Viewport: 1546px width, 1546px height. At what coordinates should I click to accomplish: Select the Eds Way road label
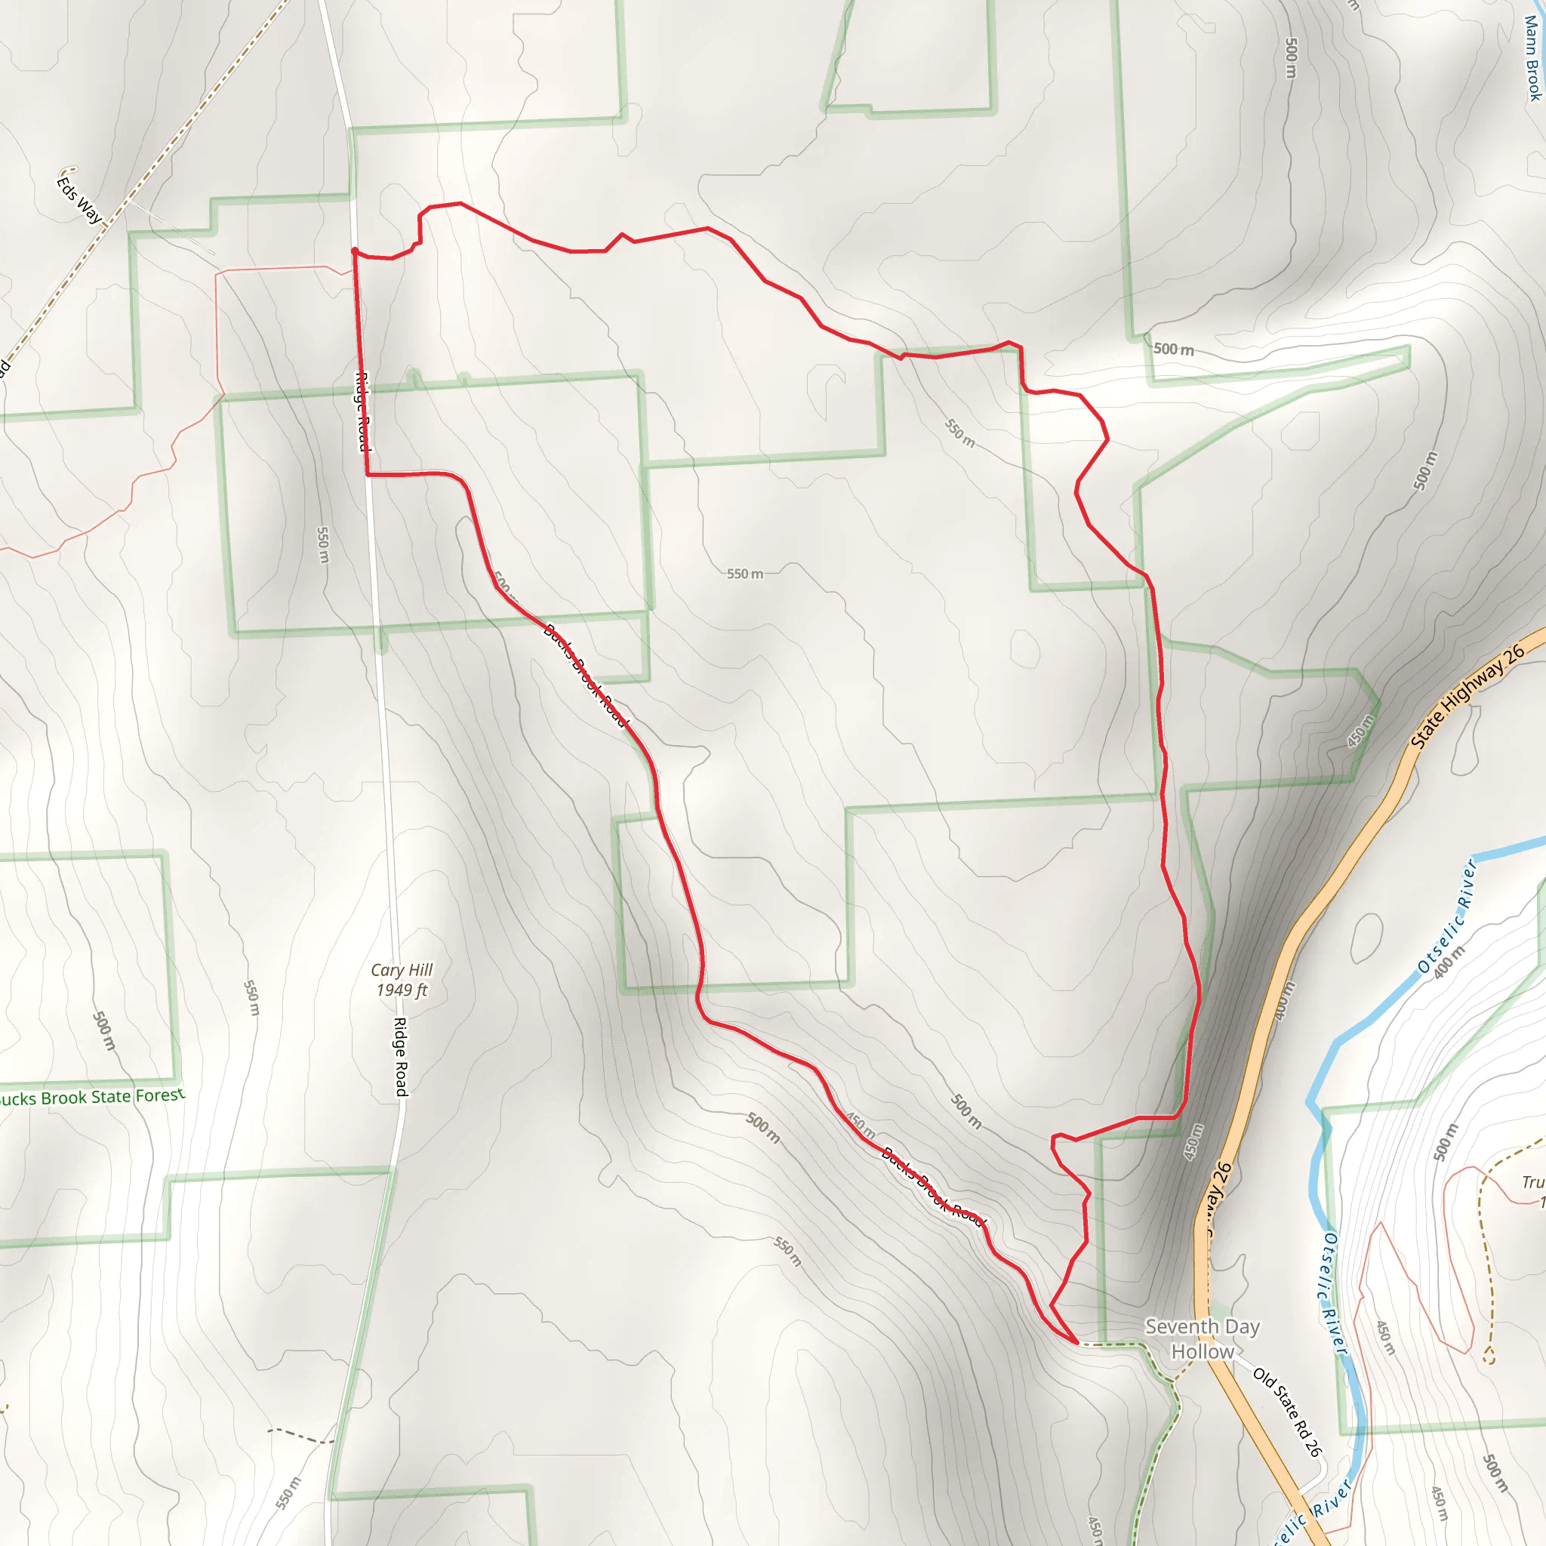coord(79,199)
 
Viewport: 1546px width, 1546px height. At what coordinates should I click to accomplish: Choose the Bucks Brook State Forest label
coord(92,1096)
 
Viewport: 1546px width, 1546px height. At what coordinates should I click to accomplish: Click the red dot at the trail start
coord(355,251)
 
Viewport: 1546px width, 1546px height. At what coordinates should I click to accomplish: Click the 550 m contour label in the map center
coord(744,574)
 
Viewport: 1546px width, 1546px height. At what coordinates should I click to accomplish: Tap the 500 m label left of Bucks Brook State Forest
coord(104,1031)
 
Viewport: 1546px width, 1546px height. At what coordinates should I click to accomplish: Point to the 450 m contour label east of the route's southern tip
coord(1192,1143)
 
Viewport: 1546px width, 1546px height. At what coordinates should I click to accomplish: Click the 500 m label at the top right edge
coord(1290,57)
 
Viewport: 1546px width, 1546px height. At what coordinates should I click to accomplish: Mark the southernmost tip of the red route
coord(1077,1343)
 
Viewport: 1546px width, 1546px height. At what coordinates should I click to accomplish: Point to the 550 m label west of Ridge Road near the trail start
coord(322,544)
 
